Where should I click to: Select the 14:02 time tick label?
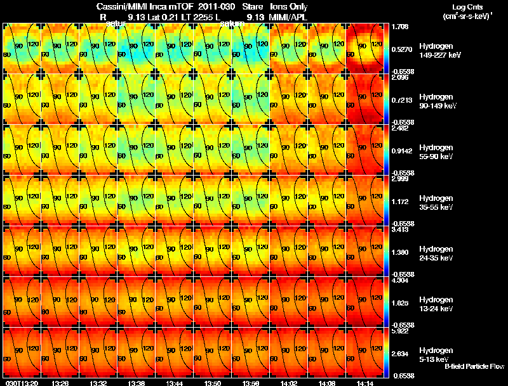click(289, 383)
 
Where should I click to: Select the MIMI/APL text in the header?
click(290, 17)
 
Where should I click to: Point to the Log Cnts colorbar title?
click(465, 6)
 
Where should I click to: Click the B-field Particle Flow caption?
click(473, 366)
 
